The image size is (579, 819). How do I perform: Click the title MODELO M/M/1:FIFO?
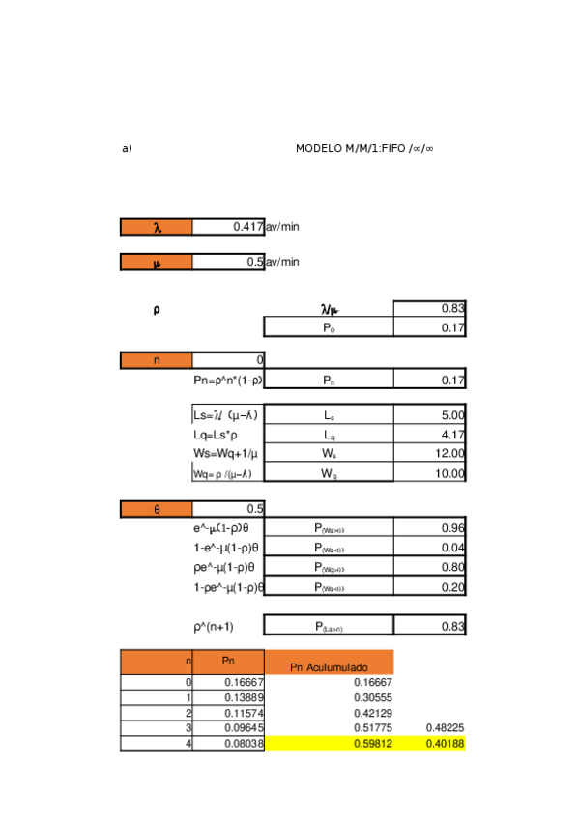[x=364, y=148]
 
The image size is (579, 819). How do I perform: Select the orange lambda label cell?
[x=157, y=227]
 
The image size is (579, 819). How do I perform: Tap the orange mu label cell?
[x=157, y=262]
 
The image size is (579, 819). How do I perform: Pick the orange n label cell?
[x=157, y=360]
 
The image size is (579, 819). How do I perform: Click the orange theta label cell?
[x=157, y=509]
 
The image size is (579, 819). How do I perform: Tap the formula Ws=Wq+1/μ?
[x=225, y=454]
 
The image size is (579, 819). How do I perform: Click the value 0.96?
[x=452, y=528]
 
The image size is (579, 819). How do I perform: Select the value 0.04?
[x=452, y=548]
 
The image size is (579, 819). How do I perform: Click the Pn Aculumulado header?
[x=329, y=667]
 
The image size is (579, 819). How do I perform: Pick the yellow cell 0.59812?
[x=372, y=744]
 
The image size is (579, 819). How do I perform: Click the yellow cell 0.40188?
[x=445, y=744]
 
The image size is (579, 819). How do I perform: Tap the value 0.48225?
[x=445, y=727]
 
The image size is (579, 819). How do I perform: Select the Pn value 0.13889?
[x=242, y=697]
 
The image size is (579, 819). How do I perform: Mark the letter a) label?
[x=127, y=148]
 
